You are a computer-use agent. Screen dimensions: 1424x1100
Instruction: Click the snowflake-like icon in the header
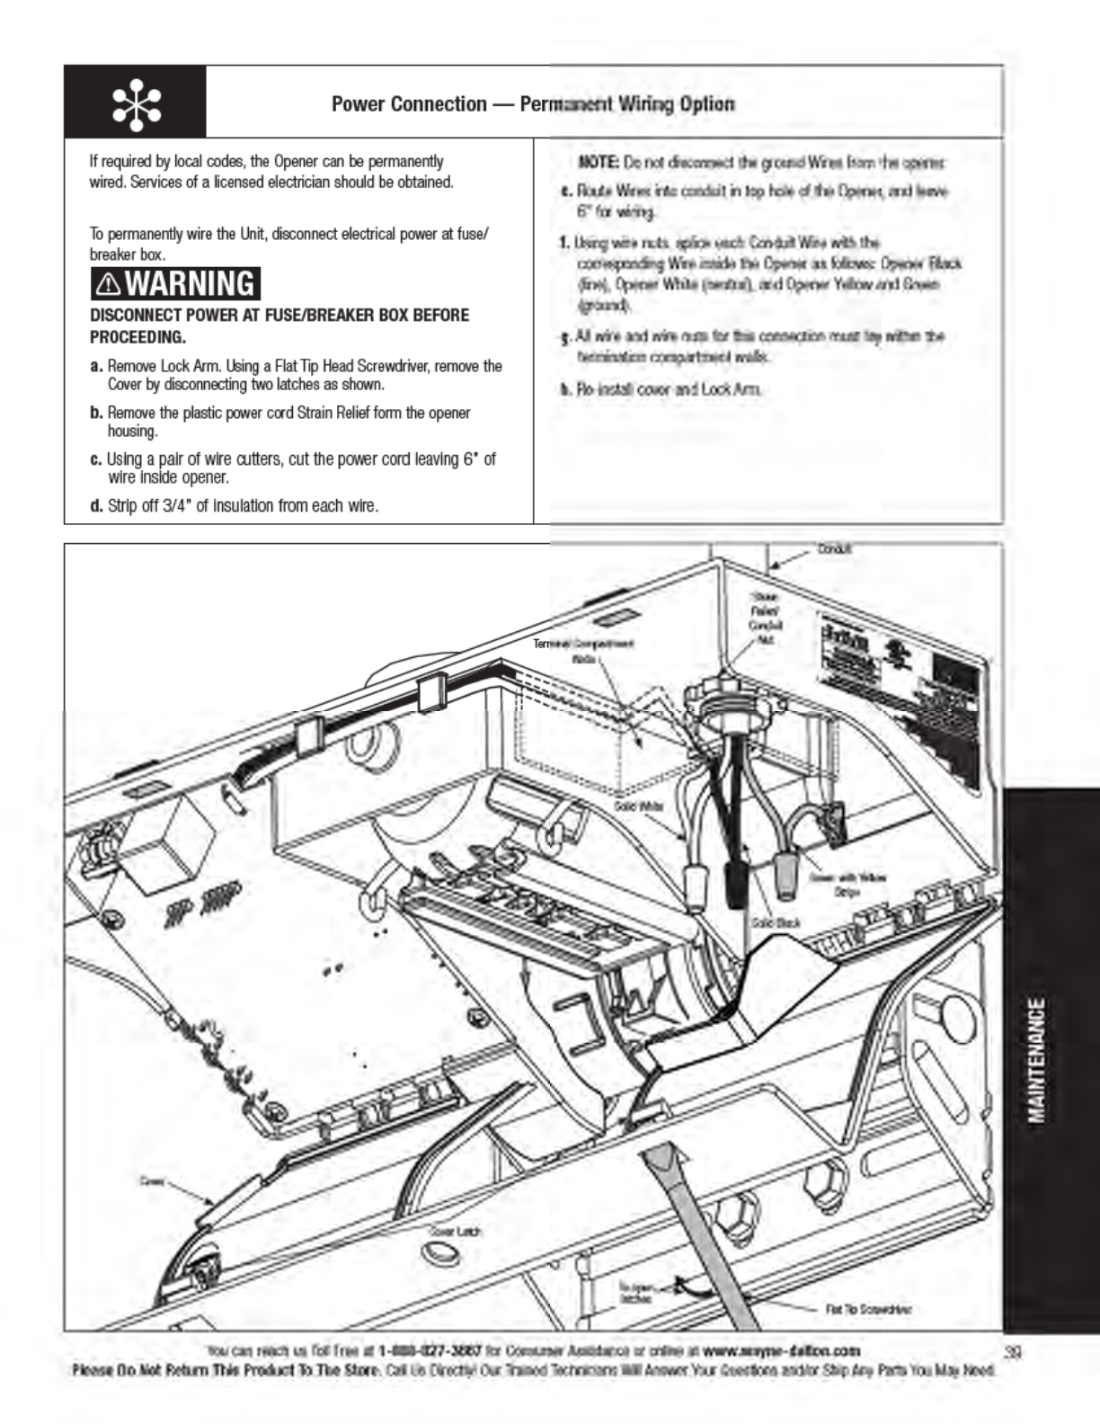click(136, 102)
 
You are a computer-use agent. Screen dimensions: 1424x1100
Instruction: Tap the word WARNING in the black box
click(191, 284)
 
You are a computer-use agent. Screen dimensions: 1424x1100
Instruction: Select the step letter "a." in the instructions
click(96, 366)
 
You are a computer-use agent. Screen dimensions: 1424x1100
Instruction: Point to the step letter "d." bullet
click(96, 505)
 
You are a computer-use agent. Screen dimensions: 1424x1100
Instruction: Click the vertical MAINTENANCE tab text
click(1037, 1061)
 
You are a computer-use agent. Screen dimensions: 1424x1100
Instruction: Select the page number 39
click(1015, 1351)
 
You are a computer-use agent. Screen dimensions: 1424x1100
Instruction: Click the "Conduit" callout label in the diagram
click(834, 548)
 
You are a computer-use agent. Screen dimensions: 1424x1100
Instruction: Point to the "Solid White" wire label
click(639, 805)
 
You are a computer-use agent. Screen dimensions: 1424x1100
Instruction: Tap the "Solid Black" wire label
click(775, 922)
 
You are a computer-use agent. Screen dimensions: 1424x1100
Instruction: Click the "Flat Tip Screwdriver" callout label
click(868, 1309)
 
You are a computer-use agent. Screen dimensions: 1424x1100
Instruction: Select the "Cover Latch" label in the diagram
click(456, 1231)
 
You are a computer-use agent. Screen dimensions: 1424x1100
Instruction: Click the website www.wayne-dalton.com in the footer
click(781, 1350)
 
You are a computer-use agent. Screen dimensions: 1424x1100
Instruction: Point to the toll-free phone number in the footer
click(430, 1350)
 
